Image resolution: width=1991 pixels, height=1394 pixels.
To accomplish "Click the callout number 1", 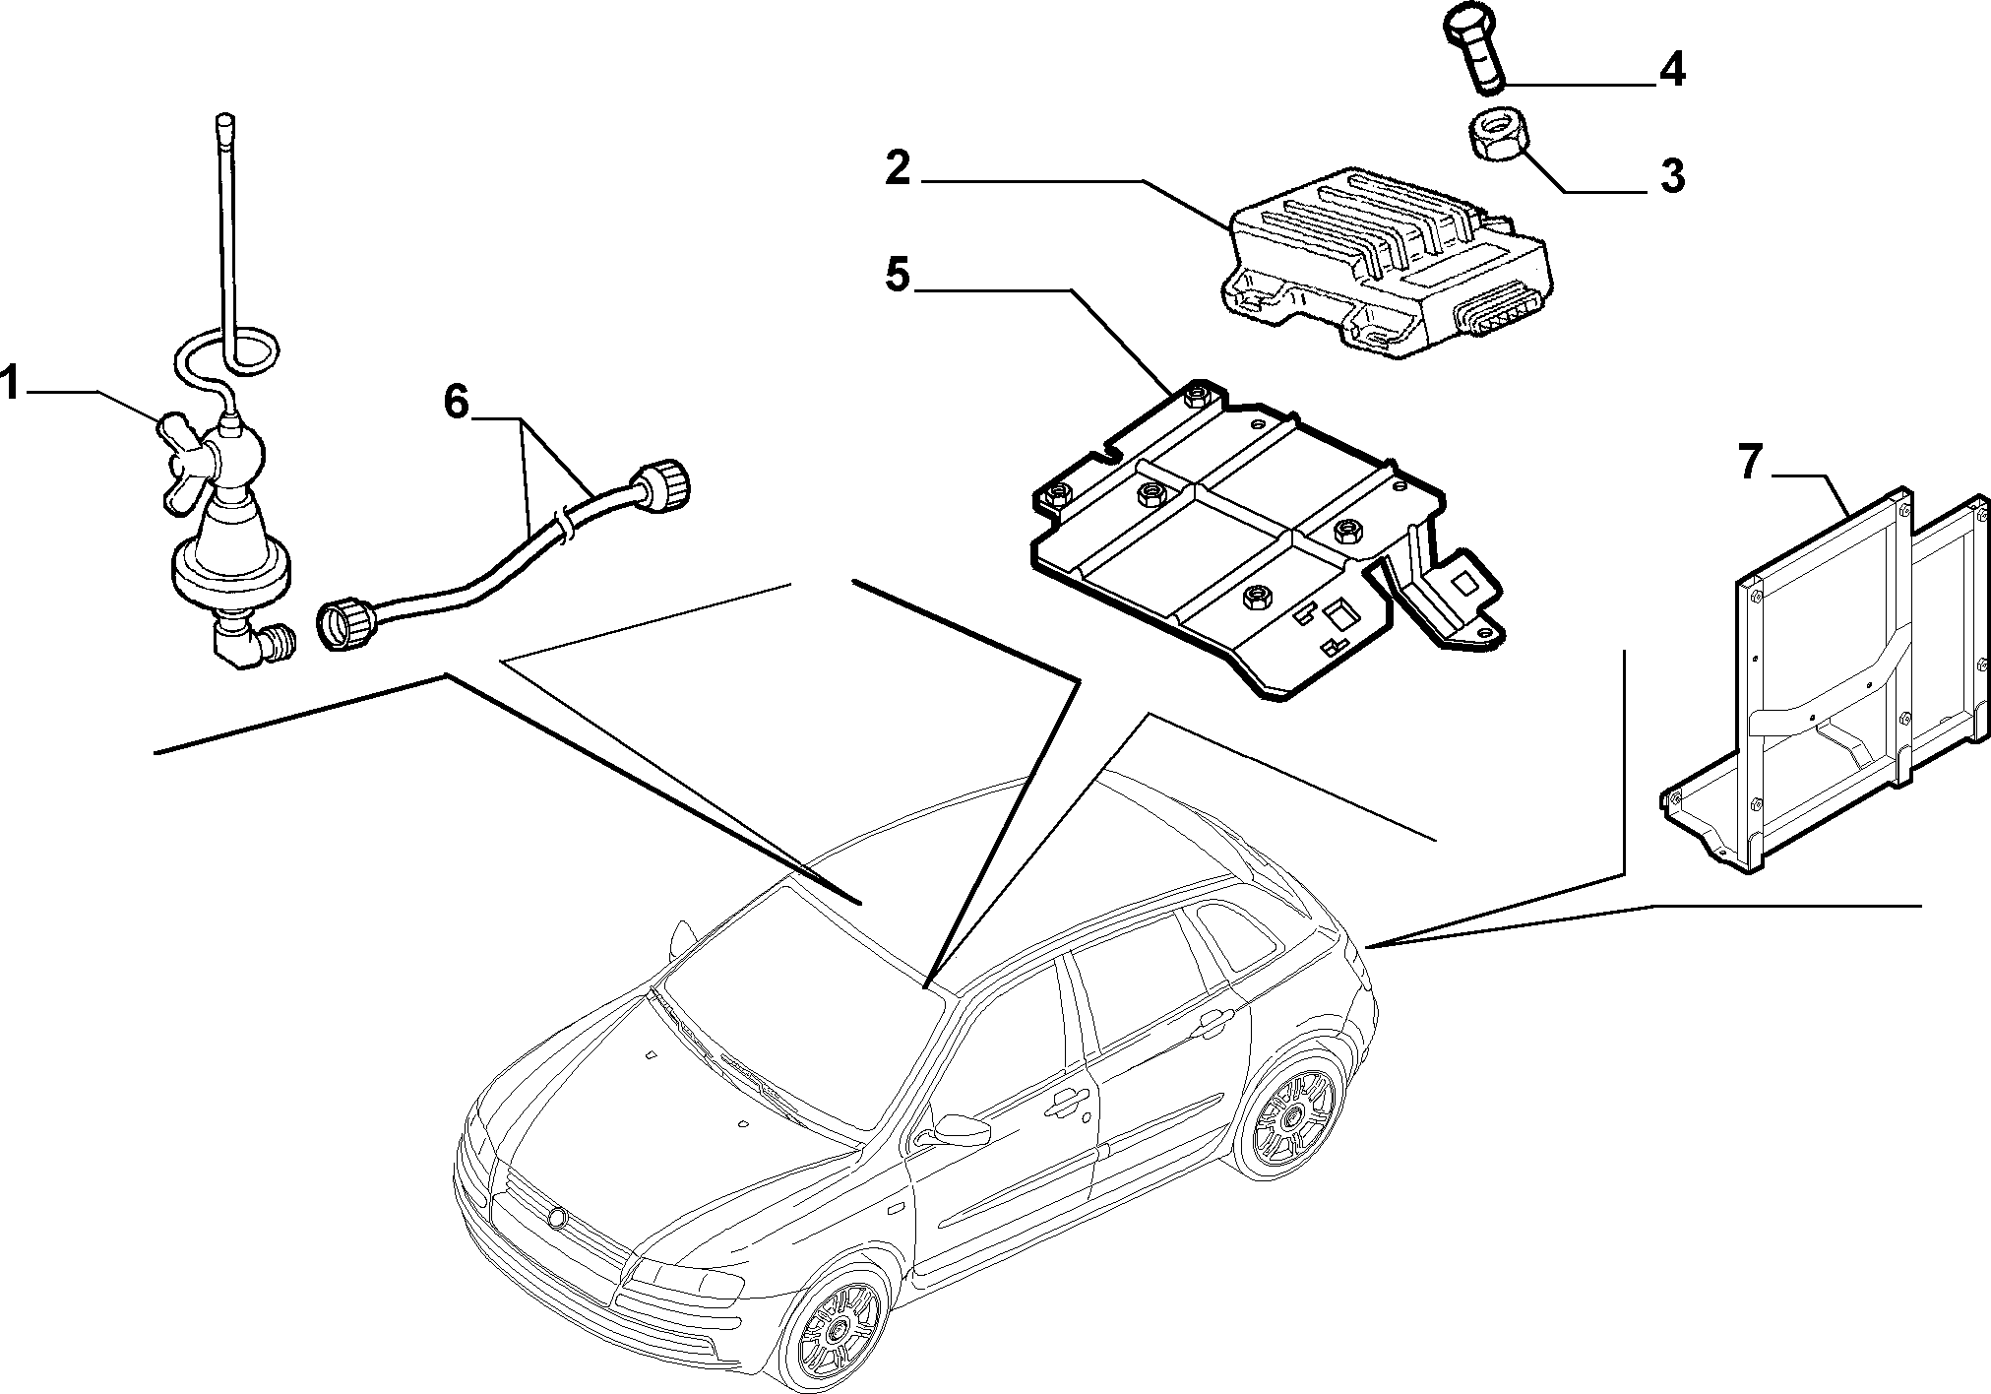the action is (10, 383).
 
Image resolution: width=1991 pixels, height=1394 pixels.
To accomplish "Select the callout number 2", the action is (899, 168).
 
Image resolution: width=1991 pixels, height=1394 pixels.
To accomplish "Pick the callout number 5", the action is (898, 275).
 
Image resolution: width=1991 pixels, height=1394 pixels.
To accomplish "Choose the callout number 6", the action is (456, 402).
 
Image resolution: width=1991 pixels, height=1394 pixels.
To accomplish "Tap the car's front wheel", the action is (835, 1328).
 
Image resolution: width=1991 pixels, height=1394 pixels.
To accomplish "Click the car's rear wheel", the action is (1292, 1112).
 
